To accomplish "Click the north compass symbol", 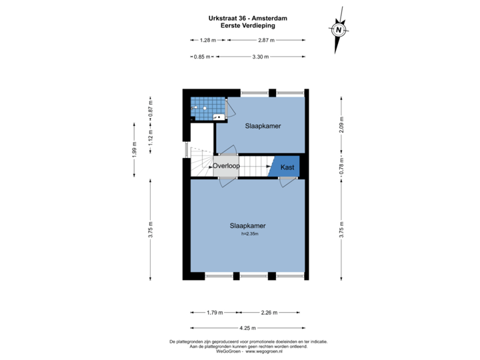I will click(338, 30).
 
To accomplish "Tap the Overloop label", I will click(226, 165).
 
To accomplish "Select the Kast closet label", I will click(287, 167).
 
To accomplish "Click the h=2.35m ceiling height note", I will click(249, 234).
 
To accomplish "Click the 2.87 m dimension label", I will click(267, 41).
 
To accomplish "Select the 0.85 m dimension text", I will click(202, 57).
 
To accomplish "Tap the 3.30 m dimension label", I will click(260, 57).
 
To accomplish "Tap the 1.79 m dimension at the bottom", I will click(215, 311).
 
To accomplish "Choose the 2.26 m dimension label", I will click(269, 311).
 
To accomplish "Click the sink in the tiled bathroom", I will click(217, 116).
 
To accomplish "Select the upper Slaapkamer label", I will click(263, 125).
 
